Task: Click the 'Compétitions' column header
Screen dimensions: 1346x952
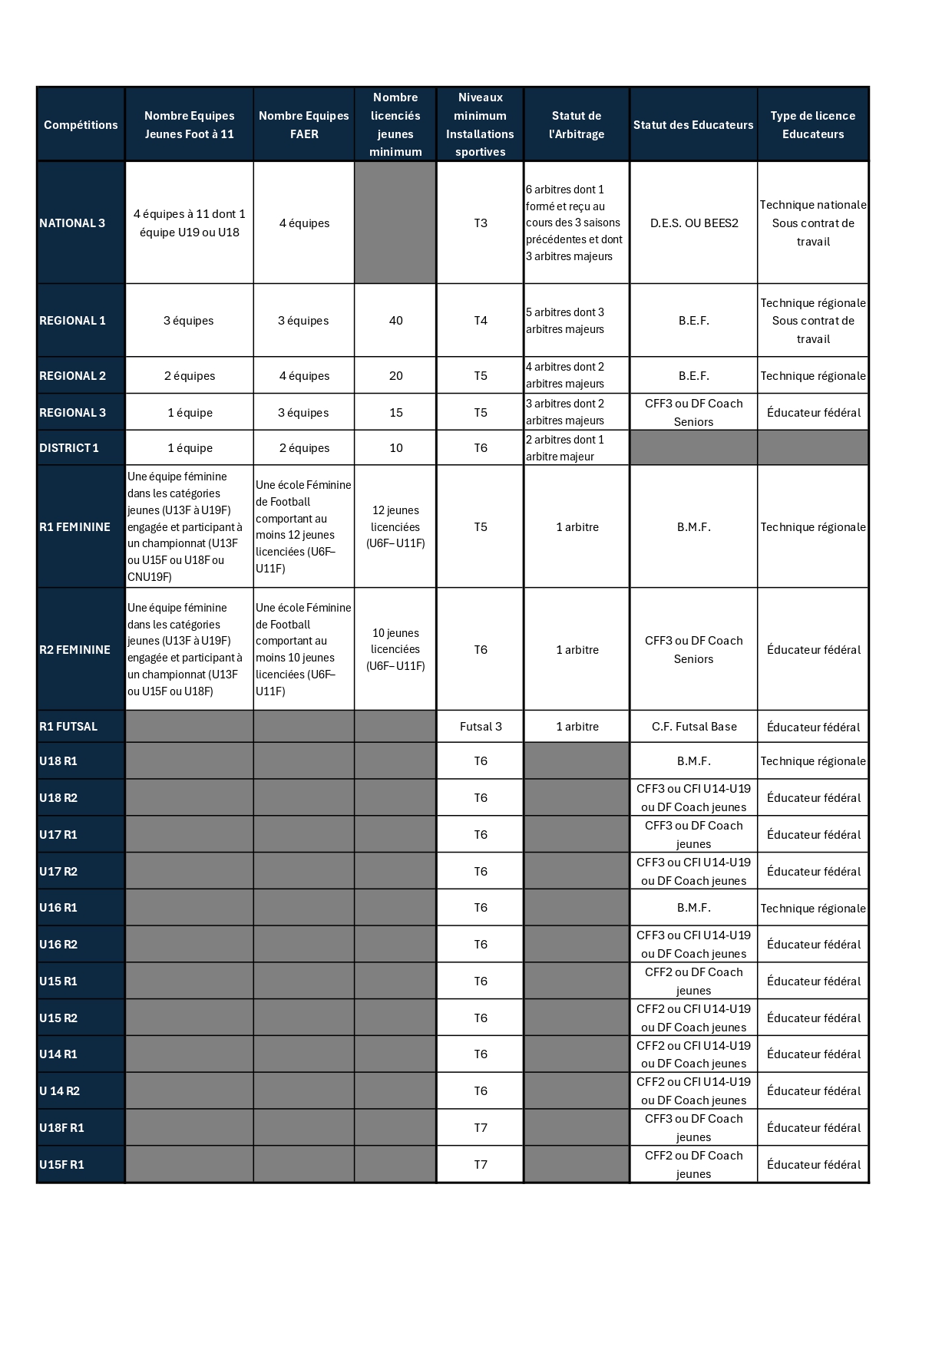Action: click(81, 125)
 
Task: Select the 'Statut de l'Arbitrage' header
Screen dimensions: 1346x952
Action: click(577, 125)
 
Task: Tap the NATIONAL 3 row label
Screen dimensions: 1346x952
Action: click(72, 223)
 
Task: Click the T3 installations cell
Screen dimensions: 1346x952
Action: click(481, 223)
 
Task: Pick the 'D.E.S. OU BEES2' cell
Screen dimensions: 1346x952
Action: click(694, 223)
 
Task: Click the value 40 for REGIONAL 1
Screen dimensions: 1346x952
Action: click(396, 321)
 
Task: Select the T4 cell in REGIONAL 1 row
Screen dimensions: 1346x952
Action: click(481, 321)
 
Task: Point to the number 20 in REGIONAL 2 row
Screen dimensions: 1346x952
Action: click(396, 376)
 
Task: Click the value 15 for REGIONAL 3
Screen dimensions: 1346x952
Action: click(396, 413)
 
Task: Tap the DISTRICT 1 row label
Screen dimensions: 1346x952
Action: click(69, 448)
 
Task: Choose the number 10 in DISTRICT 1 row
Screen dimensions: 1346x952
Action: click(396, 448)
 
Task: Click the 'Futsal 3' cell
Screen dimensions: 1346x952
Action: click(481, 727)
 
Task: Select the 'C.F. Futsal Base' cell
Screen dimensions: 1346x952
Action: click(694, 727)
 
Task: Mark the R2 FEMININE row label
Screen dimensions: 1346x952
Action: click(74, 650)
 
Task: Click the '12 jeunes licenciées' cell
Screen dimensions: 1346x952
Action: click(395, 527)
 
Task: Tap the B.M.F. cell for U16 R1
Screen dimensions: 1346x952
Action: click(694, 908)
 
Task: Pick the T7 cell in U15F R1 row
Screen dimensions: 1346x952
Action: click(481, 1165)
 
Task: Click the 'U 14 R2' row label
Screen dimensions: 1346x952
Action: click(59, 1091)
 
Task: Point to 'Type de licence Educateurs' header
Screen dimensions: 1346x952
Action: click(813, 125)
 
